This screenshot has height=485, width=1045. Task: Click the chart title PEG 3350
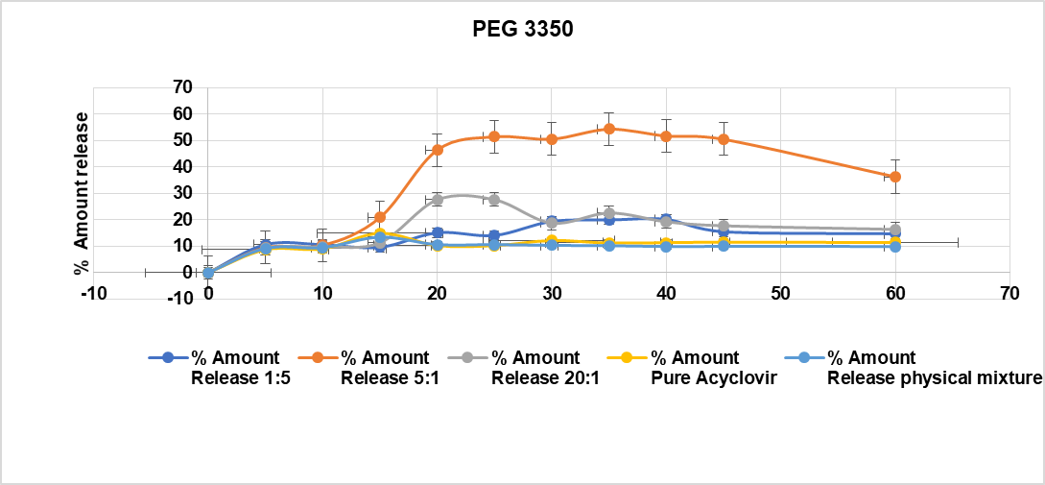[522, 30]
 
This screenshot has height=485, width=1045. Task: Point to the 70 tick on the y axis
[183, 87]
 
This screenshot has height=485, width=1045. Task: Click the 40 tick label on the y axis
[183, 166]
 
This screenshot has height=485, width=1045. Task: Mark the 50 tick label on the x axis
[780, 291]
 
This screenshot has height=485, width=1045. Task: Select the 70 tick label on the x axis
[1009, 291]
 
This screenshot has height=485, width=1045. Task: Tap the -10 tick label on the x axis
[93, 291]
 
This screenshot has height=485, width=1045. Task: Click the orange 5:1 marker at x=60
[895, 177]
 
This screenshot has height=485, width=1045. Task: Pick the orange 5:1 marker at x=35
[609, 129]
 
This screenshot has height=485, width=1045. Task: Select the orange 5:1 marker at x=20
[438, 150]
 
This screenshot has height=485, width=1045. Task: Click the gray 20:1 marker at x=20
[438, 200]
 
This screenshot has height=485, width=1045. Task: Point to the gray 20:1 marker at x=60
[895, 230]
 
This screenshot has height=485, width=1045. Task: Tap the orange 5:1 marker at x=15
[380, 217]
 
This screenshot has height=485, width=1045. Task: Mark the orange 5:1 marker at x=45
[724, 139]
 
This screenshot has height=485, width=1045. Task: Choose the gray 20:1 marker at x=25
[494, 200]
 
